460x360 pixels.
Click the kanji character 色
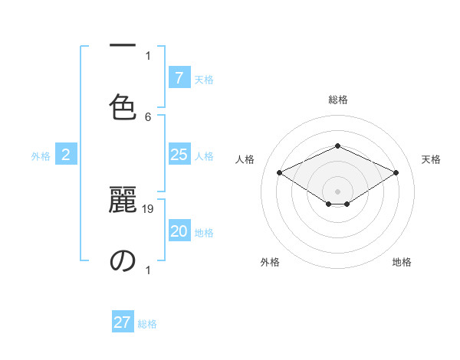[x=123, y=106]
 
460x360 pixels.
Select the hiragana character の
[x=123, y=260]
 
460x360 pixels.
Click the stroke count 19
[x=149, y=208]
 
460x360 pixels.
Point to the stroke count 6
[x=148, y=116]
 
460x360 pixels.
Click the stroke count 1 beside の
[x=148, y=270]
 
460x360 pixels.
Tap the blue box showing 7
[x=179, y=78]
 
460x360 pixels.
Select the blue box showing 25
[x=179, y=155]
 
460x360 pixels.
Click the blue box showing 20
[x=179, y=231]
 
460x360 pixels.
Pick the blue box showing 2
[x=66, y=155]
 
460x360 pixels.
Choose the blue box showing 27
[x=123, y=322]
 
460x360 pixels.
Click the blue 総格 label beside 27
[x=147, y=324]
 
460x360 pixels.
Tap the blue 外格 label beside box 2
[x=41, y=156]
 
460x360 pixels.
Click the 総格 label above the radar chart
[x=337, y=100]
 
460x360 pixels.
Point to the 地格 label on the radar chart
[x=402, y=262]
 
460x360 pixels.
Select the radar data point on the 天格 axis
[x=396, y=173]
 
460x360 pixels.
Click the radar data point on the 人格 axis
[x=280, y=173]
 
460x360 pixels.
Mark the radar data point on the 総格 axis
[x=337, y=146]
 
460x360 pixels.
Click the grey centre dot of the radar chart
[x=337, y=190]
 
